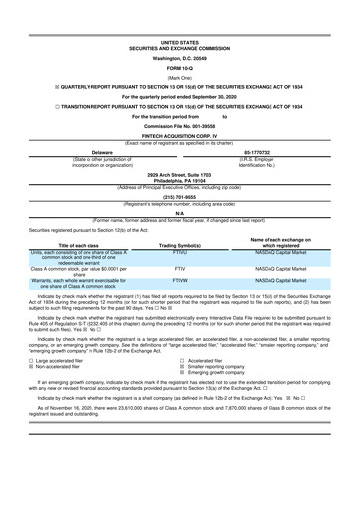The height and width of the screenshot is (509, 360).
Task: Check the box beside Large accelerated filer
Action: (x=21, y=387)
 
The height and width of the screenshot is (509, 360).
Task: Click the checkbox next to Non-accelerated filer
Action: (x=21, y=394)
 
